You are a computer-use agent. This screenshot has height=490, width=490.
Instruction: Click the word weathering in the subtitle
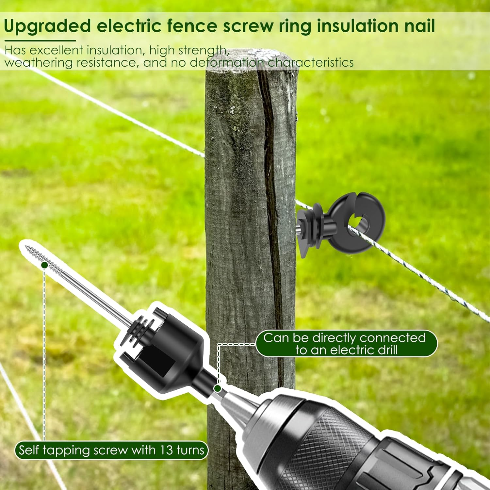(x=39, y=62)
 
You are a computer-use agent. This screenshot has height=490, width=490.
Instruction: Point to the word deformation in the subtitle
(x=227, y=62)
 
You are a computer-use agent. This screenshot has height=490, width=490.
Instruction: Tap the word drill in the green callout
(x=387, y=350)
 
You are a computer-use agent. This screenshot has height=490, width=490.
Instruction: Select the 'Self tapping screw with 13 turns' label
(x=111, y=450)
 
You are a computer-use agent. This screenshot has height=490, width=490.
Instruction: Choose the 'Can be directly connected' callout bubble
(x=346, y=344)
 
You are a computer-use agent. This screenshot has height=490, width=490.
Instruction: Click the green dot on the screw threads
(x=44, y=265)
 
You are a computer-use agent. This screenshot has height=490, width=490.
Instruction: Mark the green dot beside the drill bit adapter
(x=217, y=388)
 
